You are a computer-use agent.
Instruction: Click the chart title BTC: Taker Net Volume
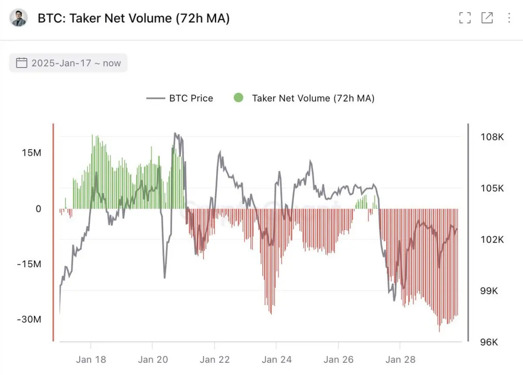tap(133, 18)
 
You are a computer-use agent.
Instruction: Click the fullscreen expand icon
tap(465, 18)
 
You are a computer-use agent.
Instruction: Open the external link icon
tap(487, 18)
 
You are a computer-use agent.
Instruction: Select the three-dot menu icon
tap(509, 18)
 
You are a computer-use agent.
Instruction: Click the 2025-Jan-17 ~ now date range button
tap(68, 63)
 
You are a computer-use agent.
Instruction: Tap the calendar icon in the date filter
tap(21, 63)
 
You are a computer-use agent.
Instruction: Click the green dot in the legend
tap(238, 98)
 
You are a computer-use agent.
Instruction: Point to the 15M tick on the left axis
tap(32, 153)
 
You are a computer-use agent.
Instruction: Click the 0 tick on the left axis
tap(38, 209)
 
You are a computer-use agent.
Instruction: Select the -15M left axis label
tap(29, 264)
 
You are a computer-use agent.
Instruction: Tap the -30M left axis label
tap(29, 319)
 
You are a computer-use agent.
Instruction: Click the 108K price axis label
tap(492, 137)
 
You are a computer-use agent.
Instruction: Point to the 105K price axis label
tap(492, 188)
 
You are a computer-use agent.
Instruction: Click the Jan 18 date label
tap(91, 360)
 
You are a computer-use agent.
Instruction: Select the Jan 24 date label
tap(276, 360)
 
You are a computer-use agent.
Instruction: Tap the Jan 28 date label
tap(400, 360)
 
